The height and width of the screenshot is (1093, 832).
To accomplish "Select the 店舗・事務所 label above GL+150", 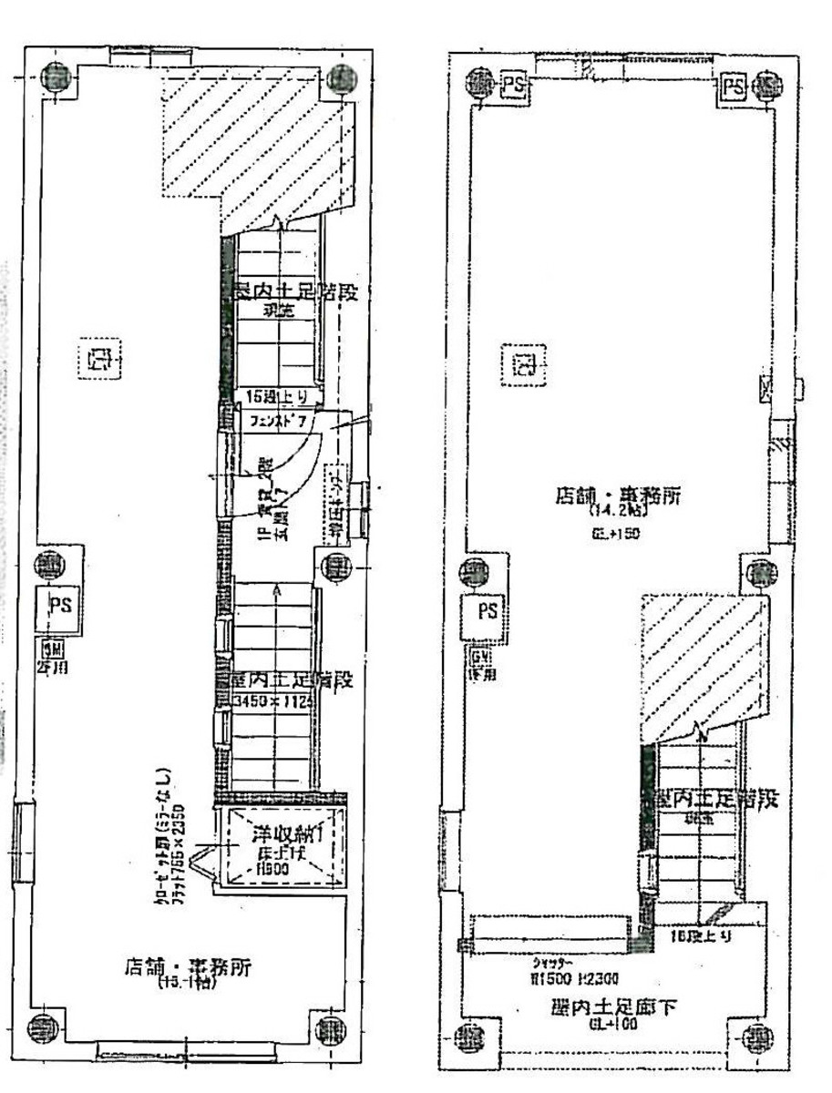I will click(x=618, y=497).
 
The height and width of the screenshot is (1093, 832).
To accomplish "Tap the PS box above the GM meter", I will click(x=488, y=610).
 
